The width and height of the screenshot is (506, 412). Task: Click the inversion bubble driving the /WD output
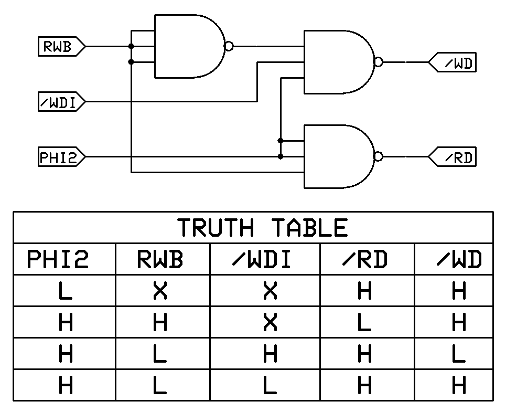point(378,62)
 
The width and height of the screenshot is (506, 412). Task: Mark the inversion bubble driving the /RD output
point(378,156)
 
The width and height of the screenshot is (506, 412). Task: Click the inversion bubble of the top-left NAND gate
point(229,46)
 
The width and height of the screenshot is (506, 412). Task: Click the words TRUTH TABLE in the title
point(262,228)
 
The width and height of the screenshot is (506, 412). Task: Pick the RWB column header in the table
point(160,259)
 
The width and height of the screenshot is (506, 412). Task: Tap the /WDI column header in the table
point(262,259)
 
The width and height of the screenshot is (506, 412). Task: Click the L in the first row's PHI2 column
point(65,291)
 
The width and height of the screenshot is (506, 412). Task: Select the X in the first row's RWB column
point(160,291)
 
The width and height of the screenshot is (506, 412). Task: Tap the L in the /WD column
point(458,354)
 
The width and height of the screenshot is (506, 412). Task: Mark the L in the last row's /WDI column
point(270,386)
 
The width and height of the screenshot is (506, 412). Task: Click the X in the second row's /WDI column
point(270,322)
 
